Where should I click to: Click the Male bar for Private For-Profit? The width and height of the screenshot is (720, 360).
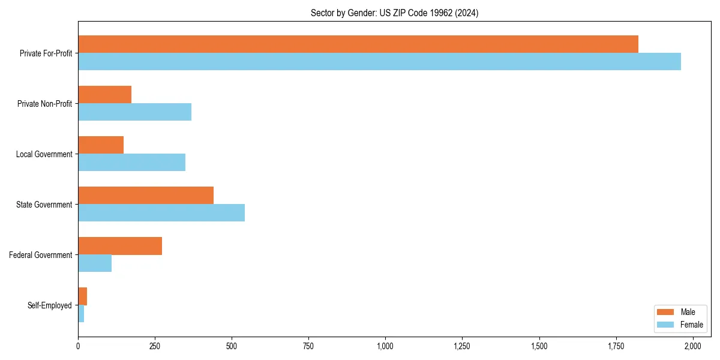click(x=358, y=44)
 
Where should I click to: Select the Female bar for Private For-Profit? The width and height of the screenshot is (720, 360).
click(x=379, y=62)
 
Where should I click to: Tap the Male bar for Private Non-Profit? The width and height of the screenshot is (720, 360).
click(x=105, y=95)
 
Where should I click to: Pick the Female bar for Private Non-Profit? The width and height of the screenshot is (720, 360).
click(x=135, y=112)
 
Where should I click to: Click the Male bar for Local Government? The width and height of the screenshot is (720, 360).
click(x=101, y=145)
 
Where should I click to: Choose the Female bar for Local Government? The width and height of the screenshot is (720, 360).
click(x=132, y=163)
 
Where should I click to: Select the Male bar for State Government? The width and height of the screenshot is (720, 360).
click(x=146, y=196)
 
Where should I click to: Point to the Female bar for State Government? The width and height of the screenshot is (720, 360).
click(x=161, y=213)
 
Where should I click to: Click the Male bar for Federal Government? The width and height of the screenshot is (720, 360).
click(x=120, y=246)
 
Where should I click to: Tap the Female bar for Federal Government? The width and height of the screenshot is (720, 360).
click(x=95, y=263)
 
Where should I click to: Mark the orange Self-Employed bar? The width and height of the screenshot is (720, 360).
click(x=83, y=296)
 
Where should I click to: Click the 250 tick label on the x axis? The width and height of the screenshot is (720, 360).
click(x=155, y=346)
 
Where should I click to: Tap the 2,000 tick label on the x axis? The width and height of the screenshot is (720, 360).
click(x=693, y=346)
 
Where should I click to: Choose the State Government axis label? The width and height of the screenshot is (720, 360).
click(x=44, y=205)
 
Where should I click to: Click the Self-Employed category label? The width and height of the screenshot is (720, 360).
click(x=50, y=305)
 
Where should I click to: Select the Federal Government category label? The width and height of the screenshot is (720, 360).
click(x=41, y=255)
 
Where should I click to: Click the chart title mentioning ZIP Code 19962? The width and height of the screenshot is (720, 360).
click(x=394, y=13)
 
